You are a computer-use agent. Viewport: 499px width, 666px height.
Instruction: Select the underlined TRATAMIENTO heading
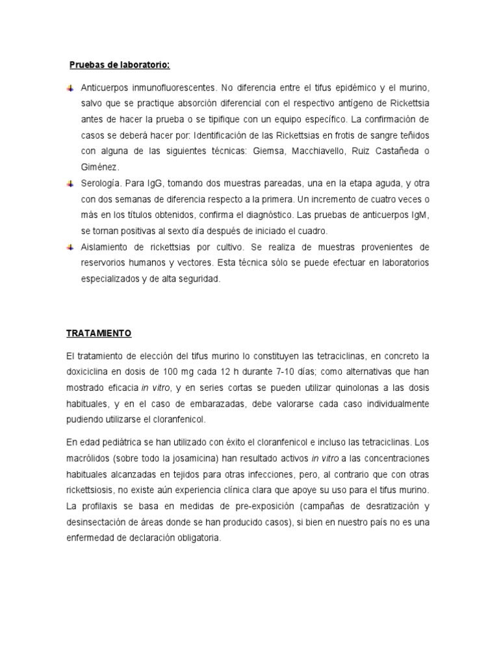pyautogui.click(x=99, y=333)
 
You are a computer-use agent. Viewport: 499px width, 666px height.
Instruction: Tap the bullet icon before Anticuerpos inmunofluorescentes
pyautogui.click(x=70, y=88)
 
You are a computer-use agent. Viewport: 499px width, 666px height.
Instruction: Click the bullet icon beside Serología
pyautogui.click(x=70, y=184)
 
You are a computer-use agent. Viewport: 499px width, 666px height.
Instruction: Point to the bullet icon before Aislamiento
pyautogui.click(x=70, y=248)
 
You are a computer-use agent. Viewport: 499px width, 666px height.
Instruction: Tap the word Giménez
pyautogui.click(x=100, y=168)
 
